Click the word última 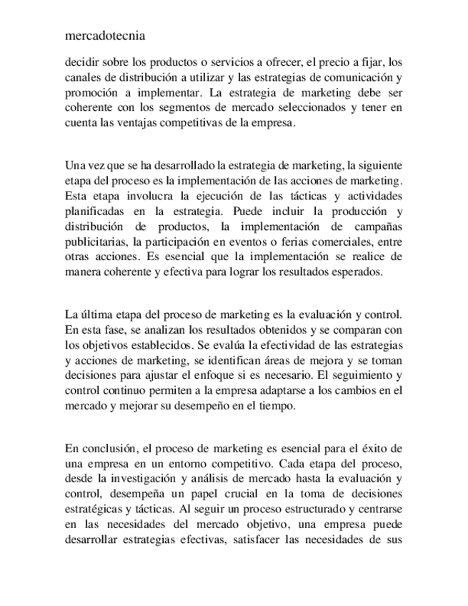[96, 314]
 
